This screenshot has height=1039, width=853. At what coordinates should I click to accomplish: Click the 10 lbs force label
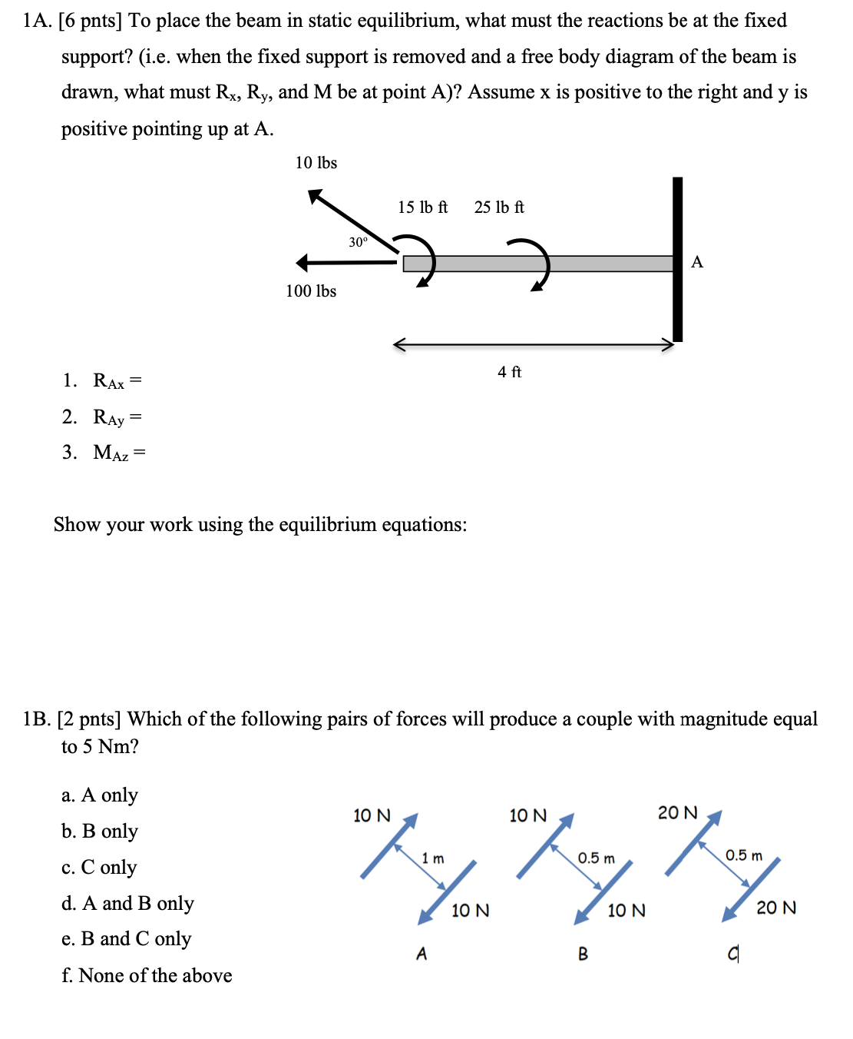click(x=316, y=163)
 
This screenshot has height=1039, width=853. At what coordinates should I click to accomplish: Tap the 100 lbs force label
click(x=311, y=291)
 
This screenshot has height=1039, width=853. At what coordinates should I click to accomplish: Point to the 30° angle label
click(x=358, y=242)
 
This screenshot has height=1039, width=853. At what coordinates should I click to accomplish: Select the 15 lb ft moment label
click(x=422, y=207)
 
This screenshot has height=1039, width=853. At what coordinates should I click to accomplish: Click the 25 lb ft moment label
click(x=499, y=207)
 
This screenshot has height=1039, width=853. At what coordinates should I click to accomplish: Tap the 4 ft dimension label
click(x=509, y=372)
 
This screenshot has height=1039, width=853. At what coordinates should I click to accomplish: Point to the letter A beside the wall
click(x=697, y=262)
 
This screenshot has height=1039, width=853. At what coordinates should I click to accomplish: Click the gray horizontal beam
click(x=537, y=264)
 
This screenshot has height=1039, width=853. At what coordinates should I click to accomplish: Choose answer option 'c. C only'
click(x=99, y=867)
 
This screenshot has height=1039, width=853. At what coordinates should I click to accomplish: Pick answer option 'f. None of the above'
click(x=147, y=975)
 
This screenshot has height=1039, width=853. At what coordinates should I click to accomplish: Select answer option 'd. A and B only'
click(x=127, y=903)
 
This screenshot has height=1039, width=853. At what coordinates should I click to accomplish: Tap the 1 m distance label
click(x=433, y=858)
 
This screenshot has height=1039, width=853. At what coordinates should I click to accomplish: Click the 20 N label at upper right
click(x=678, y=813)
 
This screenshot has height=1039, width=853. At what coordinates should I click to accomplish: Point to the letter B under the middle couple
click(x=583, y=954)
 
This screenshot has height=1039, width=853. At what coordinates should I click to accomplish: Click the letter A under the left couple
click(x=422, y=954)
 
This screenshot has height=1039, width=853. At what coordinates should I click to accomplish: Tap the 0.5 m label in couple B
click(x=596, y=858)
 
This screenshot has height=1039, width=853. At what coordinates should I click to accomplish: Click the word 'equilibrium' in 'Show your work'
click(x=327, y=525)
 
